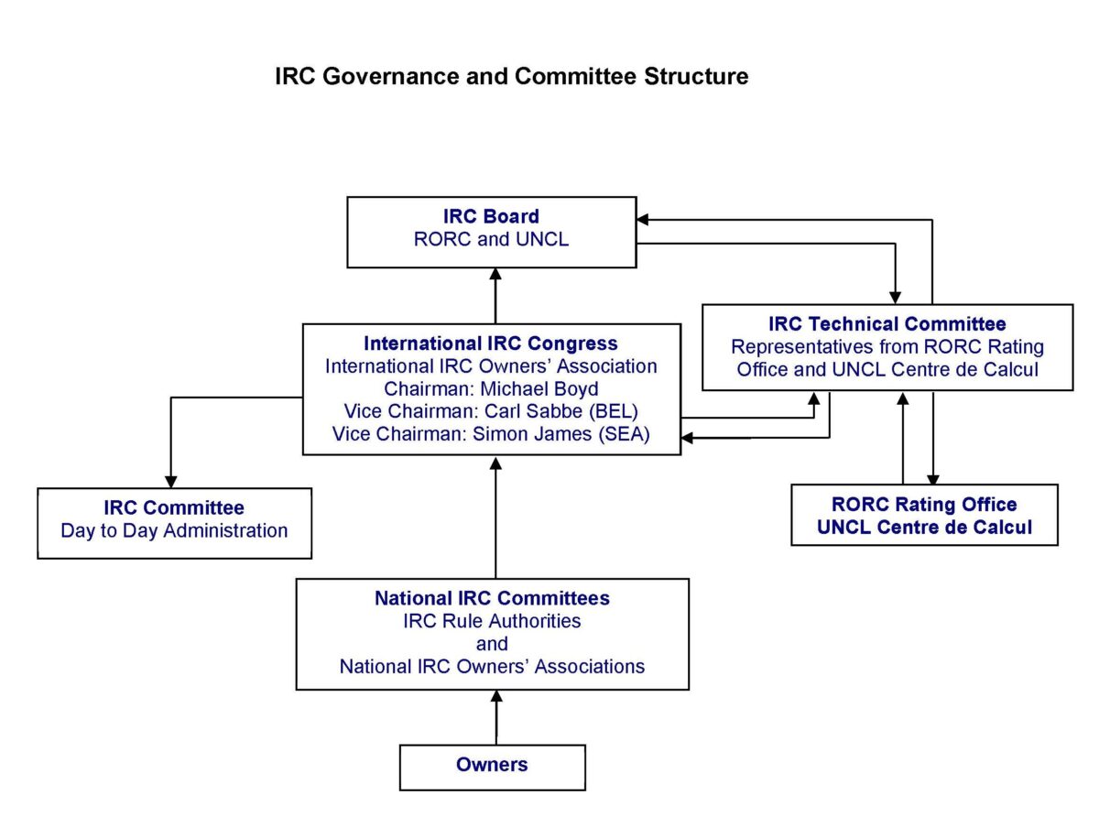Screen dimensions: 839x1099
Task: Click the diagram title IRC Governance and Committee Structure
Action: point(511,76)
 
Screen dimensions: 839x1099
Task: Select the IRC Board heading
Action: point(491,217)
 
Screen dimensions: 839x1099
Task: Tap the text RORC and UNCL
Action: point(491,240)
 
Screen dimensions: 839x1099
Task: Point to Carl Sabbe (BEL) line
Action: point(491,411)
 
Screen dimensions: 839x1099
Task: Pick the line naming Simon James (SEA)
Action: point(491,434)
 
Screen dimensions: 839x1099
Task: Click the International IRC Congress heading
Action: point(491,343)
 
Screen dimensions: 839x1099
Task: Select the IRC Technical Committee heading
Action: point(887,323)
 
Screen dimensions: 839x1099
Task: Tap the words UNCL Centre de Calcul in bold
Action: point(924,527)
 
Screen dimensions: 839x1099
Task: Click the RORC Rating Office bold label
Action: point(924,505)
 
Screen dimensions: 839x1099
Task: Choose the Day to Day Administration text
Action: point(174,530)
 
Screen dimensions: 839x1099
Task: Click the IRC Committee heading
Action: point(174,507)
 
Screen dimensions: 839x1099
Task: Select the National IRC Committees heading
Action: point(492,598)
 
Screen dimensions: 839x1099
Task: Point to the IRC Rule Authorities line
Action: point(492,621)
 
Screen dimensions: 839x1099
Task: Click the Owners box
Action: point(492,767)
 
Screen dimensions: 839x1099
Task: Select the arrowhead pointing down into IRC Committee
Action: point(170,480)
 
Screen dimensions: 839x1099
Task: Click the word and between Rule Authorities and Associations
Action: point(492,644)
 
